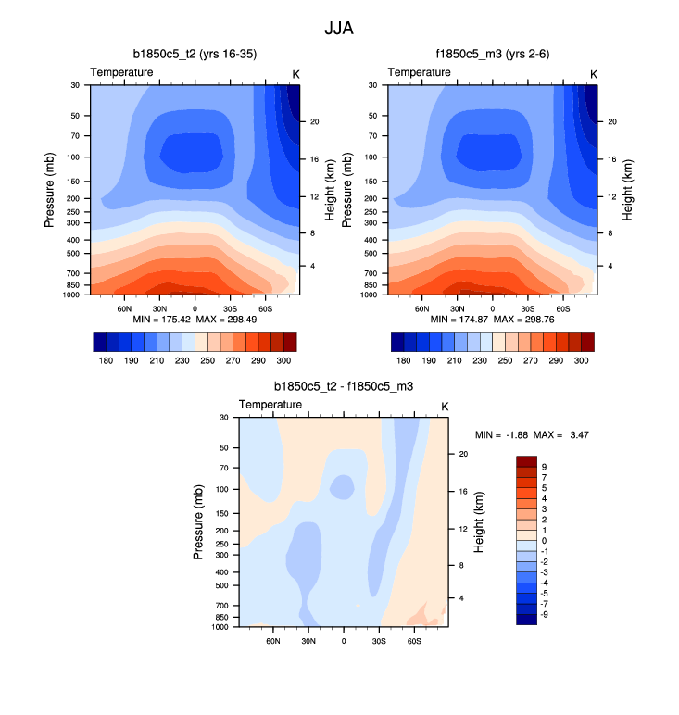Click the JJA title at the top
coord(338,29)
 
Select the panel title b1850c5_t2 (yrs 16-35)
coord(195,56)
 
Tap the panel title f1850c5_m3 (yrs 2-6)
coord(492,56)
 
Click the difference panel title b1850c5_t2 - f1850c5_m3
coord(344,386)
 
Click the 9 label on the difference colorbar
coord(543,467)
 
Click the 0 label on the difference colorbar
coord(543,540)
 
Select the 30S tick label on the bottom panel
coord(379,640)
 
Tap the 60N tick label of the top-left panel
coord(124,307)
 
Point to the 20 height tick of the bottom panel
coord(463,454)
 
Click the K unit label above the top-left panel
coord(296,73)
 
